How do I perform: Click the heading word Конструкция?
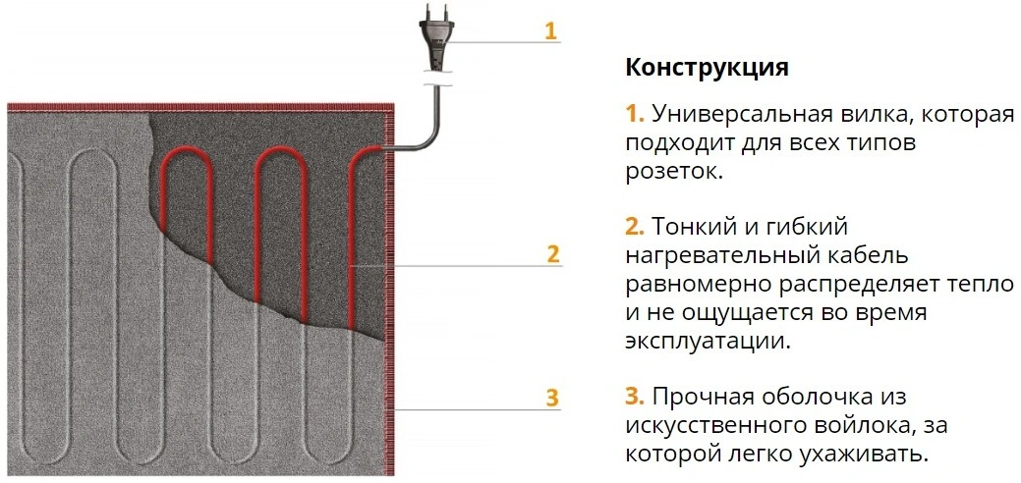coord(707,69)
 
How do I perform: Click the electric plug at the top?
coord(435,39)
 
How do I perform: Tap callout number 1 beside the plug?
coord(551,31)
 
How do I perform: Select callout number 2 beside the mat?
coord(553,254)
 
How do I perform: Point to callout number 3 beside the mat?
coord(552,398)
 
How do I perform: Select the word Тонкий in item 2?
coord(694,227)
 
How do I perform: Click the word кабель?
coord(866,256)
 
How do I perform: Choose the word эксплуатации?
coord(708,342)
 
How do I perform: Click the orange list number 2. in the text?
coord(635,227)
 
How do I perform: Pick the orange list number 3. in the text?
coord(635,397)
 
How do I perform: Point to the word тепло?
coord(984,286)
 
